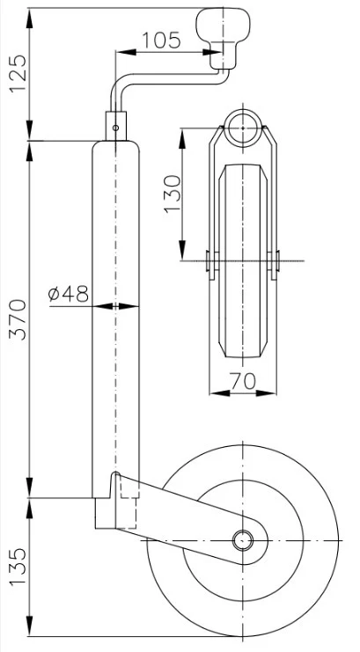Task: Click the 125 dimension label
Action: [x=18, y=74]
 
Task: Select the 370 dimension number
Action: [x=18, y=319]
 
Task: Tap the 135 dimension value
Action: [x=18, y=567]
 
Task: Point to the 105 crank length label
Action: [x=161, y=40]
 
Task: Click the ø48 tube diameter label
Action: [x=69, y=293]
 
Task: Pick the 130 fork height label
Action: [x=173, y=194]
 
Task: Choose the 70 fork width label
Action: [x=243, y=381]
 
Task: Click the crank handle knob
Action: [x=223, y=38]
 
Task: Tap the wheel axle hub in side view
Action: [x=243, y=540]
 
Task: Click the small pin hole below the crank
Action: [x=116, y=128]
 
